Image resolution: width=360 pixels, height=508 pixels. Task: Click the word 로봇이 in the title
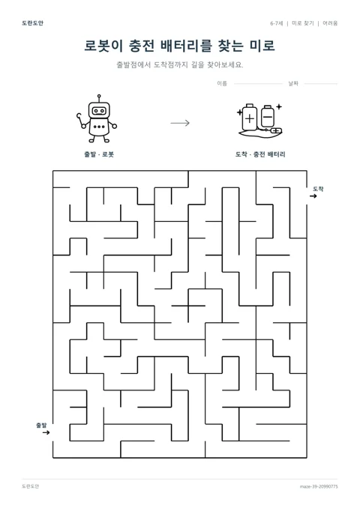[103, 46]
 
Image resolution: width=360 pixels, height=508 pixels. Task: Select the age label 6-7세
[277, 23]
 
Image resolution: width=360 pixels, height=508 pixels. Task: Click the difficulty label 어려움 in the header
[330, 23]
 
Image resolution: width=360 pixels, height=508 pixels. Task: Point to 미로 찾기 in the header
[303, 23]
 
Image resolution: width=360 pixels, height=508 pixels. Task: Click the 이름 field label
[222, 84]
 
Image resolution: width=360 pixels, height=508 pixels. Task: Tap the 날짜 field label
[293, 84]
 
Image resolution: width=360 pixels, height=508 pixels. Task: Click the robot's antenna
[99, 98]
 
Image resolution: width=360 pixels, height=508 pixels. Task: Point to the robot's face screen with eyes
[99, 111]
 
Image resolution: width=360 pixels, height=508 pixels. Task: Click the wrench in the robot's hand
[80, 119]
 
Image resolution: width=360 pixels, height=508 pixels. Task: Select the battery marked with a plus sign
[250, 118]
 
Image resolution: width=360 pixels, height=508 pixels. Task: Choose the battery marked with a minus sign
[268, 116]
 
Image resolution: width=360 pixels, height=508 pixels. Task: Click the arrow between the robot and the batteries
[180, 123]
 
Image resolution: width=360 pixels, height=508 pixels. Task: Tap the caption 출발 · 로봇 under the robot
[99, 154]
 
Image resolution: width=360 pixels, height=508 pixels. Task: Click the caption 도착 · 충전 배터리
[260, 154]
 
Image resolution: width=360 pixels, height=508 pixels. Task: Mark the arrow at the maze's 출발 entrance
[46, 432]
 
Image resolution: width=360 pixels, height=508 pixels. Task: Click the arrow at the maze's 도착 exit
[313, 196]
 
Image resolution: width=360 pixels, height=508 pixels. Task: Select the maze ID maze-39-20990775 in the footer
[319, 486]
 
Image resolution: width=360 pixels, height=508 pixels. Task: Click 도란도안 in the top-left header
[32, 23]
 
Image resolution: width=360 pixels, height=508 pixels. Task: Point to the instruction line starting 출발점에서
[180, 64]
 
